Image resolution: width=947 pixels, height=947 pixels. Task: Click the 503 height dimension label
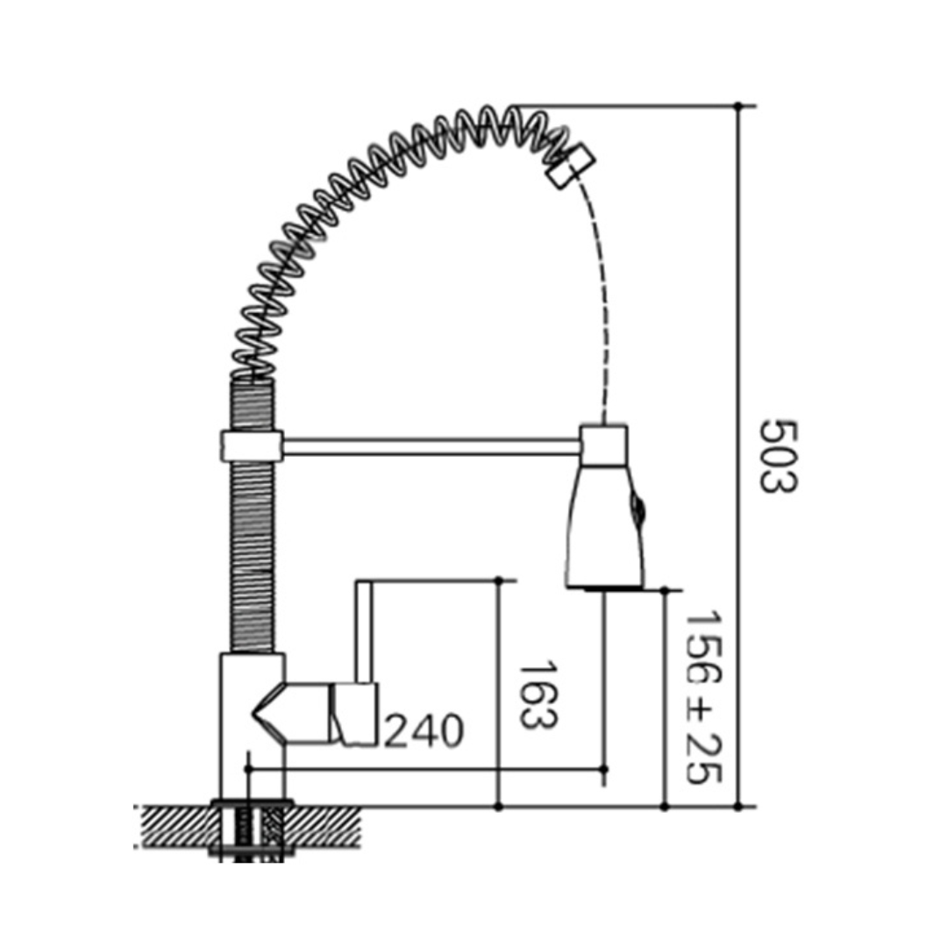pyautogui.click(x=779, y=455)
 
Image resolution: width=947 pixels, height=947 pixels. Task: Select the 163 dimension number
pyautogui.click(x=538, y=694)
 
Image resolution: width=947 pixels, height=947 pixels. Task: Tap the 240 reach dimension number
pyautogui.click(x=424, y=730)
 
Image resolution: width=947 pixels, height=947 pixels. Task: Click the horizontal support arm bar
pyautogui.click(x=431, y=446)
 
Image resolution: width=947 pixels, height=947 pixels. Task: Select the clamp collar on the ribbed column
pyautogui.click(x=252, y=446)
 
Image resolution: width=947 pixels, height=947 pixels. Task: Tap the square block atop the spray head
pyautogui.click(x=603, y=445)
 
